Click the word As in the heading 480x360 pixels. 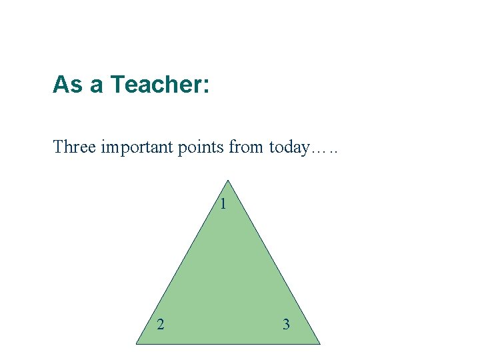67,85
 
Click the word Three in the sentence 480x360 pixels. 74,146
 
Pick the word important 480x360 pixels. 137,147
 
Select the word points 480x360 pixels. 201,147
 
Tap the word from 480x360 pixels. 247,147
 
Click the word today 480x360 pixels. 289,147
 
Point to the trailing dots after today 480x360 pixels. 325,151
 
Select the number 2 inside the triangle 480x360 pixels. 160,325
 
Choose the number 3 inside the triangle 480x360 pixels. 286,325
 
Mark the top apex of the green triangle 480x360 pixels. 228,181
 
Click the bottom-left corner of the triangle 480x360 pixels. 137,343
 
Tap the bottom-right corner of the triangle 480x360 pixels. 319,343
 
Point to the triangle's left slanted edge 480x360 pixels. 182,262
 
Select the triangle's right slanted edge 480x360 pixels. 274,262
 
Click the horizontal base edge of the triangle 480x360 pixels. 228,343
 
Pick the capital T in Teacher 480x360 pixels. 117,85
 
